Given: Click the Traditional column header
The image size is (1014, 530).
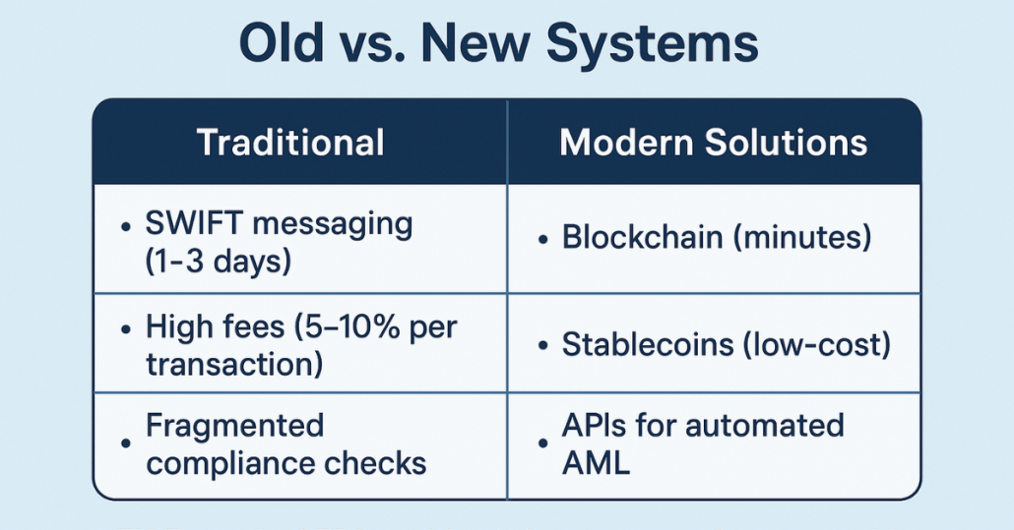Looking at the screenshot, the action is pyautogui.click(x=290, y=143).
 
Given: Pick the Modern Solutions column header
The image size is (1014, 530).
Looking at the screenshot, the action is pyautogui.click(x=714, y=143).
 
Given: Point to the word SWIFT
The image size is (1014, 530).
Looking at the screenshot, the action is pyautogui.click(x=194, y=224).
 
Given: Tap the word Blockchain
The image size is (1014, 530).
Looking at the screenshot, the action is pyautogui.click(x=642, y=237).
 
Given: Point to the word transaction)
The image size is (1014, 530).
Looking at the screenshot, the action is pyautogui.click(x=234, y=364).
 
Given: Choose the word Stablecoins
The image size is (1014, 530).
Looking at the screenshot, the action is pyautogui.click(x=648, y=345).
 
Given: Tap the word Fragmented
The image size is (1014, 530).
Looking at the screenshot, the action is pyautogui.click(x=234, y=427).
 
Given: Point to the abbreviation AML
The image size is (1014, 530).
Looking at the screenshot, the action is pyautogui.click(x=596, y=463).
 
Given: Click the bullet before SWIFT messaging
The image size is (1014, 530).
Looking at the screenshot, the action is pyautogui.click(x=126, y=226).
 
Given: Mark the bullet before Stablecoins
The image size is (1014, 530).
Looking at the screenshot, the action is pyautogui.click(x=543, y=347).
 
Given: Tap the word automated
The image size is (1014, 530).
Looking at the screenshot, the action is pyautogui.click(x=764, y=426).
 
